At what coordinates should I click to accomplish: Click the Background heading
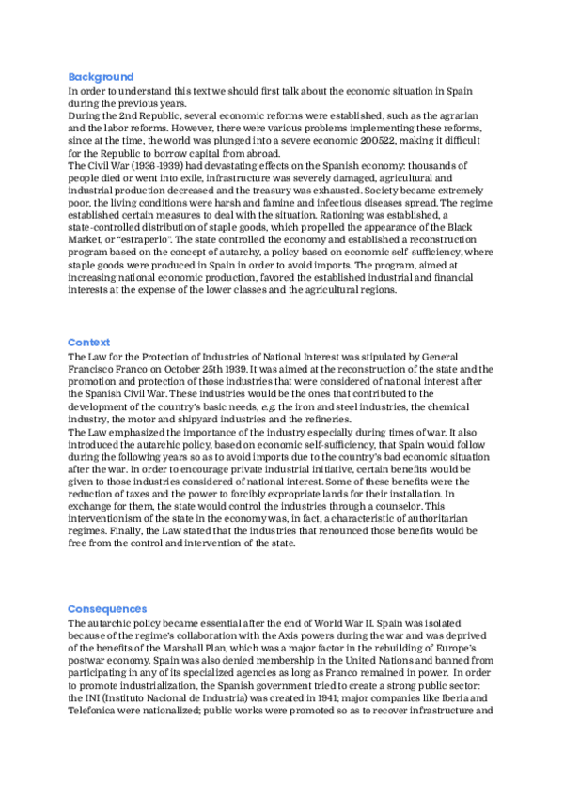coord(101,77)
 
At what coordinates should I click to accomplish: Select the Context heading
coord(88,343)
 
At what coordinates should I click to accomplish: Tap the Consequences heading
coord(107,609)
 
